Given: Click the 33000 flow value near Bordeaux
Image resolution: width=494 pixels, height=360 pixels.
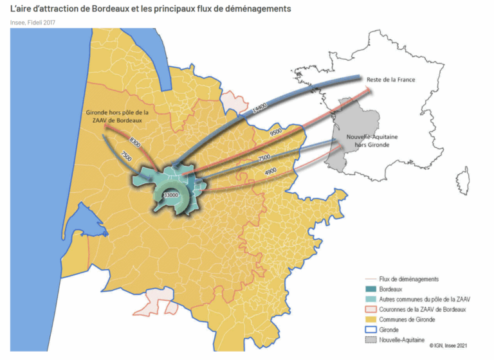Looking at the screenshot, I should pos(170,194).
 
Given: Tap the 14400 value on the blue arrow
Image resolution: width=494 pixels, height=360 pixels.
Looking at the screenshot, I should pos(259,112).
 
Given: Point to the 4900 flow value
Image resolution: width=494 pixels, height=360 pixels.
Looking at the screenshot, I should pos(271,171).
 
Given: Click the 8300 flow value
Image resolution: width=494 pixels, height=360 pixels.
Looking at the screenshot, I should pos(135,140).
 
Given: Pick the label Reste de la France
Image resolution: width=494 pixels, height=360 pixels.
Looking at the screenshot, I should pos(390,80).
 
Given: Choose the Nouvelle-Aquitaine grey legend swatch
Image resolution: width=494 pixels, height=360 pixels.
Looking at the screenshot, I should pos(370,340).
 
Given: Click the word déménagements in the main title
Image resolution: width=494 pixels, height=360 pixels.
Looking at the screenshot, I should pos(254,9).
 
